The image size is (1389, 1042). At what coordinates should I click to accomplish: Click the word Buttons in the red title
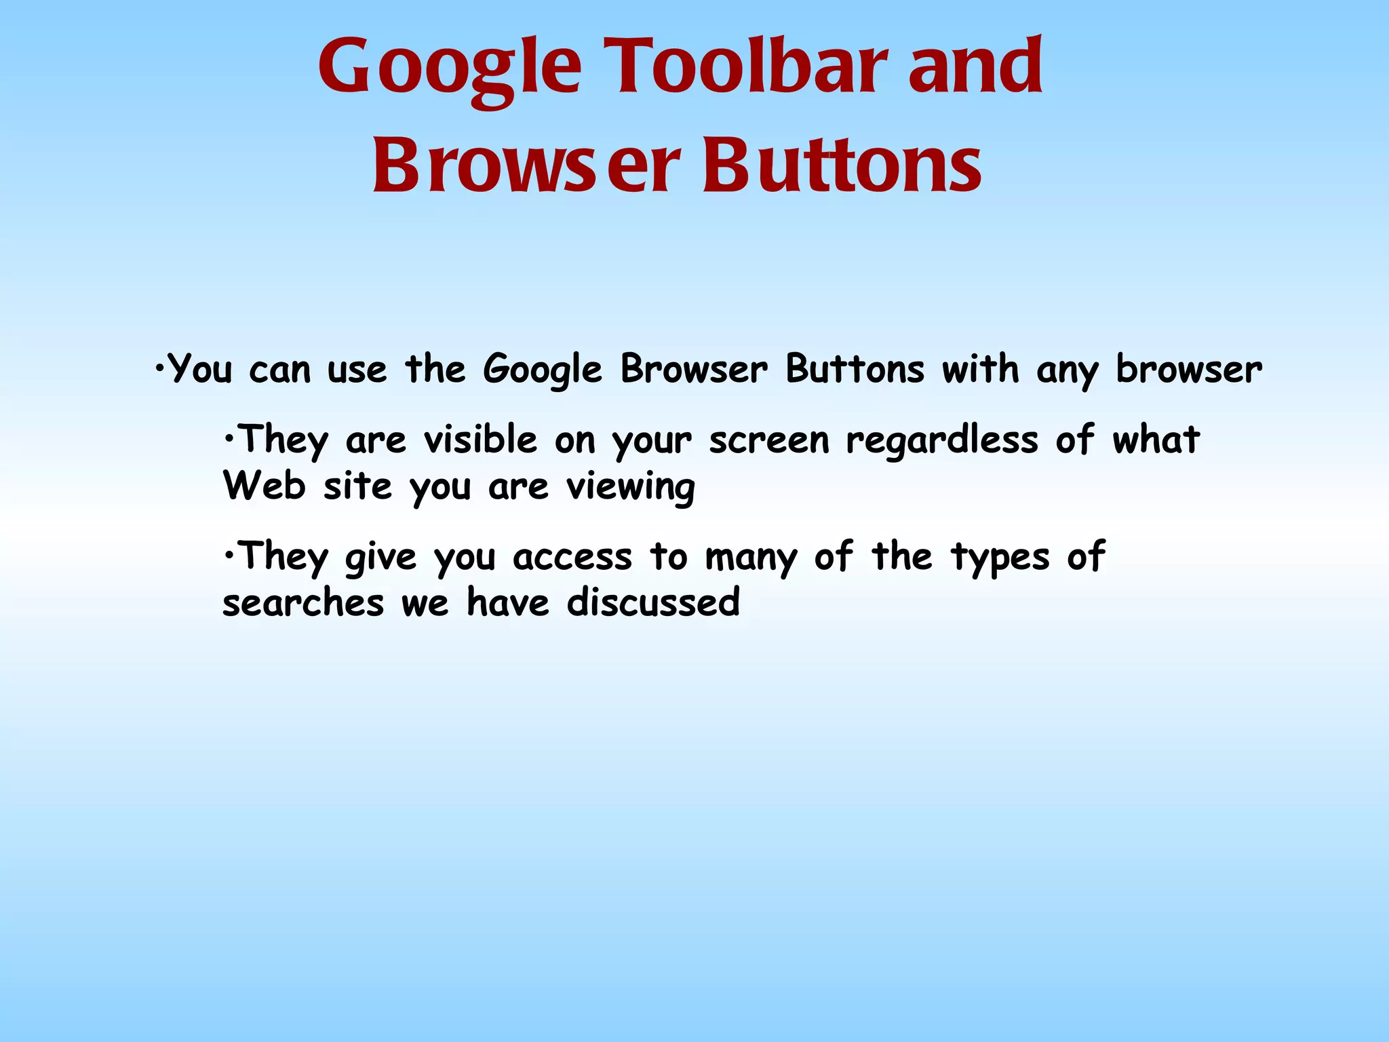coord(842,166)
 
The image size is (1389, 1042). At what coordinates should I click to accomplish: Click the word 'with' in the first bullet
coord(980,370)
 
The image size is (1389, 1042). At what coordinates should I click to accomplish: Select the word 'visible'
coord(480,439)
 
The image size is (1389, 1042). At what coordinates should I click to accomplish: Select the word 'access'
coord(572,558)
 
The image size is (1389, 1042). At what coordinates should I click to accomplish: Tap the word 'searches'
coord(303,603)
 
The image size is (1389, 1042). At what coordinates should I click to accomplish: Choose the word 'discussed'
coord(653,602)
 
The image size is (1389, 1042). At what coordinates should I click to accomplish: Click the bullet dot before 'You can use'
coord(159,368)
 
